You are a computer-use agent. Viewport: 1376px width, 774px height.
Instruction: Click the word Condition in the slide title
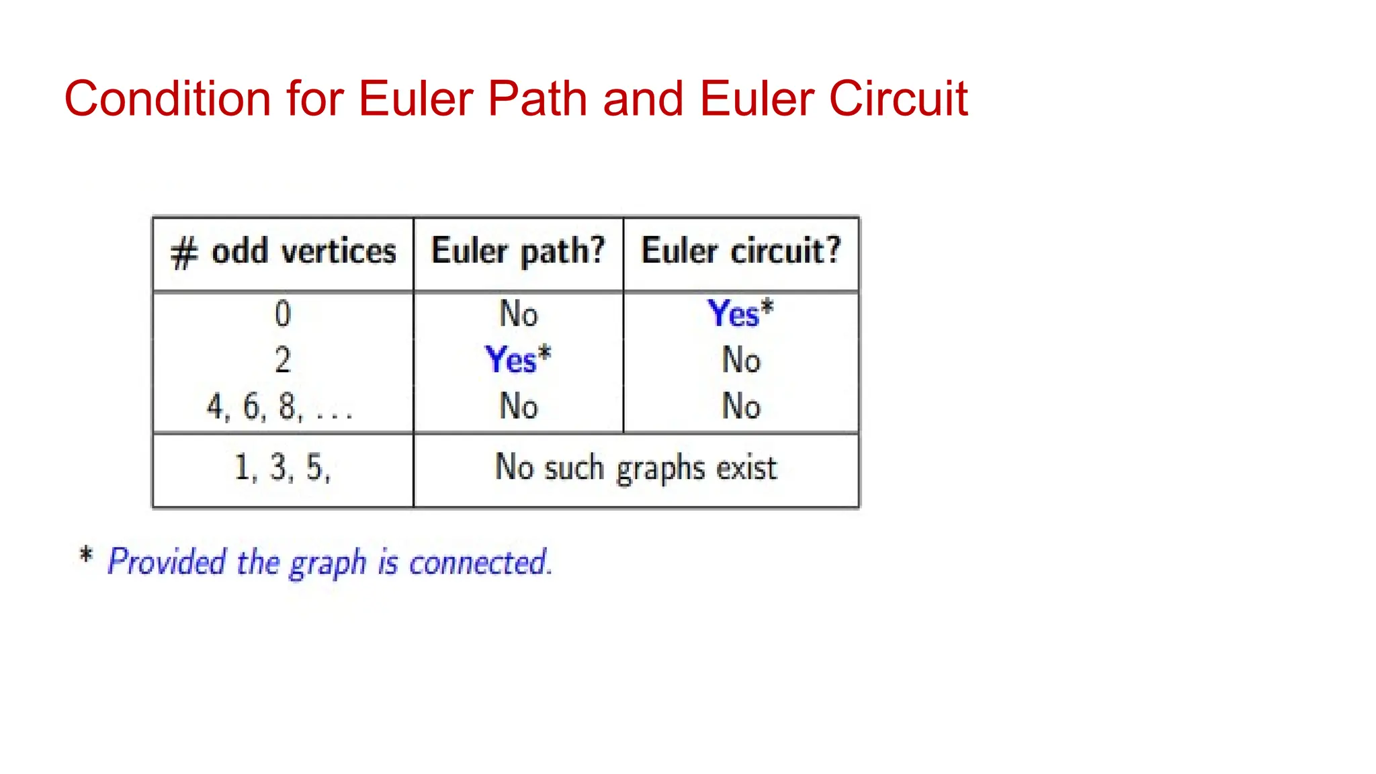click(x=167, y=99)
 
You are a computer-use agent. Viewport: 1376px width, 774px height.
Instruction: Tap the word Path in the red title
click(x=538, y=99)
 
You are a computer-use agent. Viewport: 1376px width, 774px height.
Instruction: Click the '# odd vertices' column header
click(x=283, y=253)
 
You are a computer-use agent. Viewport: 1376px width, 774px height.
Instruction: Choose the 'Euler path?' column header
click(x=518, y=251)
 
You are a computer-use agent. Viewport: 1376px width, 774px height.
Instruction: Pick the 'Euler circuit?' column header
click(x=740, y=251)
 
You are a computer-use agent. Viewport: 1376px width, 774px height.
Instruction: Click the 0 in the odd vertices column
click(x=283, y=314)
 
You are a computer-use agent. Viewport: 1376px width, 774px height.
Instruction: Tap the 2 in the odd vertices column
click(x=283, y=360)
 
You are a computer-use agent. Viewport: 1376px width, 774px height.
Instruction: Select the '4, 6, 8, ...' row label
click(x=279, y=406)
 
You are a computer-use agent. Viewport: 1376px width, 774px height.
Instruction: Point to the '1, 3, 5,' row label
click(x=282, y=468)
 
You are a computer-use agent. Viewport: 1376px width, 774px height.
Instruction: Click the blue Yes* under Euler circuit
click(x=740, y=313)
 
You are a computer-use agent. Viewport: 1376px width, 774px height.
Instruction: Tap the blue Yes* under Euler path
click(x=517, y=359)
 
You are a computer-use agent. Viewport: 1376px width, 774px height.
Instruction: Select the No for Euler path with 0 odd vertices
click(x=518, y=314)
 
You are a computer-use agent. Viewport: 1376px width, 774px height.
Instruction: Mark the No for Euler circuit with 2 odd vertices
click(x=740, y=360)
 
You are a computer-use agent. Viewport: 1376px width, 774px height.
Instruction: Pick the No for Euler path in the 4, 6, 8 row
click(x=518, y=406)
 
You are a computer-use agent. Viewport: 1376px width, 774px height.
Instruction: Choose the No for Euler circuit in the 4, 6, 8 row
click(x=740, y=406)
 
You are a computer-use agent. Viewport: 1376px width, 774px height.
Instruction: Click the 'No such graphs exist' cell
click(x=636, y=468)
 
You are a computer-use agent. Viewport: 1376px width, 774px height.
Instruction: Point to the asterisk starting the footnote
click(x=85, y=556)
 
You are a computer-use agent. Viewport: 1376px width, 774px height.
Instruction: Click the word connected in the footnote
click(x=480, y=562)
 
